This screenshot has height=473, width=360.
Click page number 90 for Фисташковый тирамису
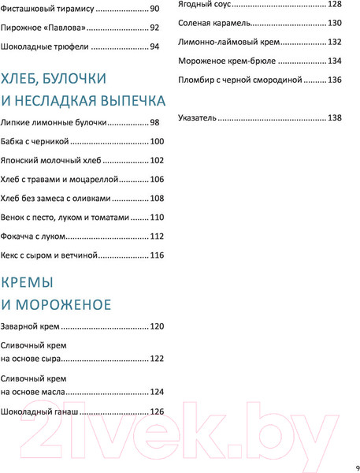click(155, 9)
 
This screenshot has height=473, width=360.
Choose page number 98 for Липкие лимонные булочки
click(155, 122)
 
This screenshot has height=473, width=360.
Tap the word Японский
click(25, 161)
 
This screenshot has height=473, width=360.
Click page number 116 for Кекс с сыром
click(157, 255)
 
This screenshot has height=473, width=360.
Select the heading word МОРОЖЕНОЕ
click(63, 305)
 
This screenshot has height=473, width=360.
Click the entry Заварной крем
click(30, 326)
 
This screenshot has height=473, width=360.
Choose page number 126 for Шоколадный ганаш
click(157, 412)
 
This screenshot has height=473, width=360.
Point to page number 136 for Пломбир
click(334, 80)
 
